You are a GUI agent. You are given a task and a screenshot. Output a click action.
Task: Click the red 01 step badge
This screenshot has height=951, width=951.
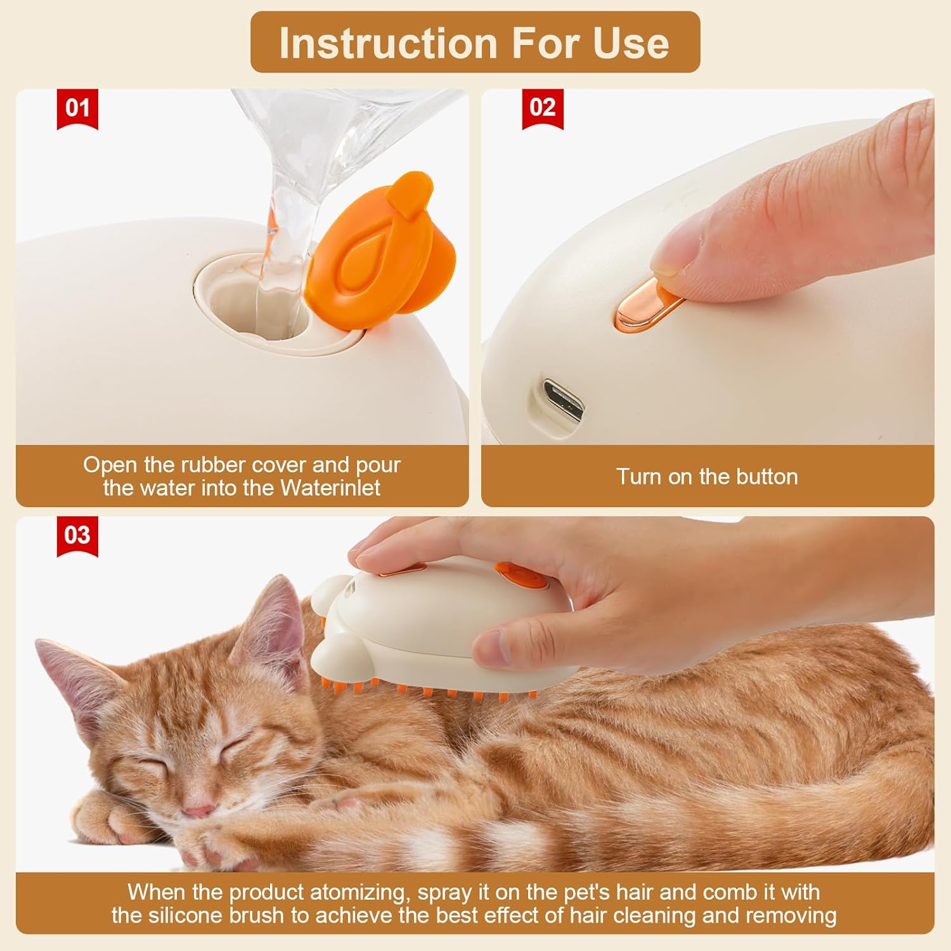77,108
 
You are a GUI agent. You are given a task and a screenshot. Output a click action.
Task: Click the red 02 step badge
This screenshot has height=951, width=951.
543,108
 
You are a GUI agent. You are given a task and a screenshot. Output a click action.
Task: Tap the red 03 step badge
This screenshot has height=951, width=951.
77,536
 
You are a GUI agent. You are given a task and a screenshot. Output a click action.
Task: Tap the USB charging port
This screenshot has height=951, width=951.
563,399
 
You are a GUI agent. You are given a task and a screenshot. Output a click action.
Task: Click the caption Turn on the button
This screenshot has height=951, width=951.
707,477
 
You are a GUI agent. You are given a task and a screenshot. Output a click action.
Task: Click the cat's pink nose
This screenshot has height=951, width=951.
198,811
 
